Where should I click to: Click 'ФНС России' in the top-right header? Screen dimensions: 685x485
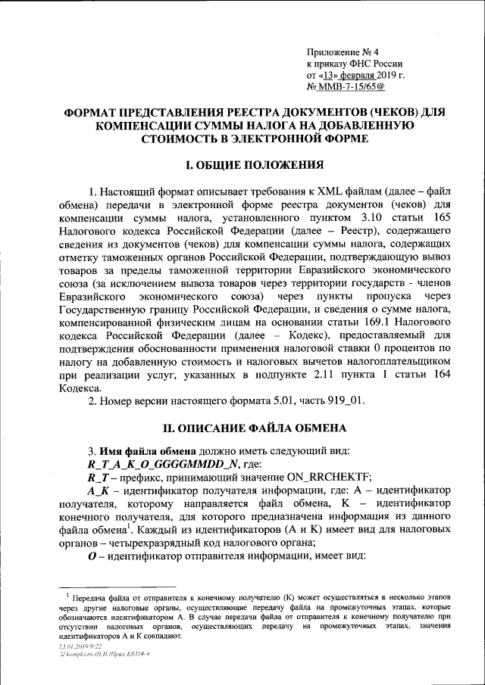pyautogui.click(x=376, y=64)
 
